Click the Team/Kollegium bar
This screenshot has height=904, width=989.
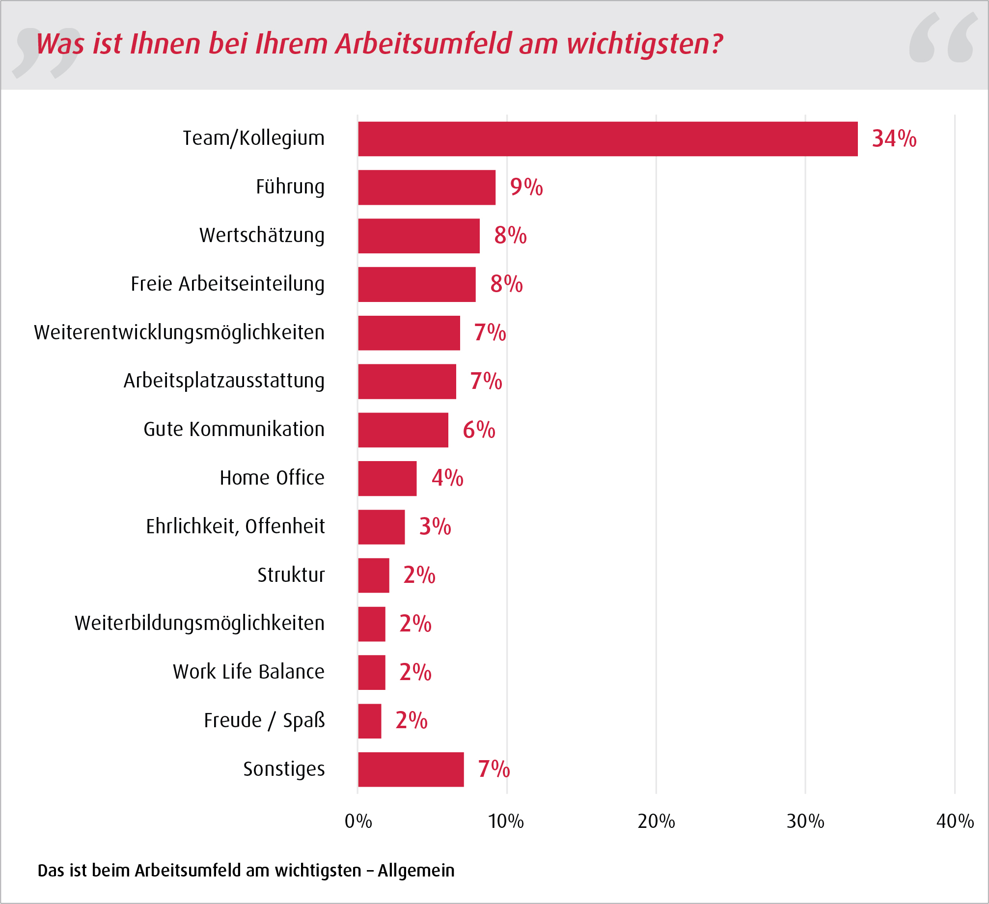pos(607,139)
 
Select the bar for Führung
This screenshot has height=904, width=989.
pos(426,188)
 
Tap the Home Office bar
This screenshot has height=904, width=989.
pos(387,478)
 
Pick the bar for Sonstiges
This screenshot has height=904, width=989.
pos(411,769)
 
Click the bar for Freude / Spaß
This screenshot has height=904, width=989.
pos(369,721)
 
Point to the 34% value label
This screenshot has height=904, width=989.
pos(894,139)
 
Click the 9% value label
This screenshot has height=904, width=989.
pos(526,187)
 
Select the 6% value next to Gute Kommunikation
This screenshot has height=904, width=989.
pos(479,430)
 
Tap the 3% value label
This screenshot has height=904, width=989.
pos(435,527)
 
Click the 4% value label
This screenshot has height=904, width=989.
pos(447,478)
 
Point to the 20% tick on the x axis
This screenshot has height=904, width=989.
pos(656,822)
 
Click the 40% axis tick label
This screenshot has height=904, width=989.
pos(955,822)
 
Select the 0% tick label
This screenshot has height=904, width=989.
pos(358,822)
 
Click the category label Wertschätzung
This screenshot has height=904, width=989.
pos(262,236)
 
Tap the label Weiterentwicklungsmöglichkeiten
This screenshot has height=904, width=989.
pos(179,332)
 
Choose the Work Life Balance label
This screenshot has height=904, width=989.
pos(248,672)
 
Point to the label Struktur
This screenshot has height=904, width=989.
pos(291,575)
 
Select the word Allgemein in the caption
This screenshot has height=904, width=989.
pos(416,871)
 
